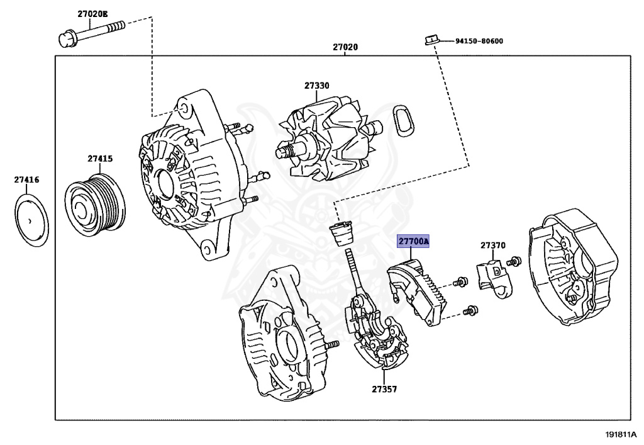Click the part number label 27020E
pyautogui.click(x=93, y=13)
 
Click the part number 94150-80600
pyautogui.click(x=479, y=42)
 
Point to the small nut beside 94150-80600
pyautogui.click(x=430, y=41)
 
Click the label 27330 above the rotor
pyautogui.click(x=317, y=85)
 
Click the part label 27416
pyautogui.click(x=27, y=180)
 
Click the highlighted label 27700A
pyautogui.click(x=413, y=241)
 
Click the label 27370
pyautogui.click(x=494, y=245)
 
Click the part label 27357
pyautogui.click(x=384, y=389)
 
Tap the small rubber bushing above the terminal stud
pyautogui.click(x=341, y=234)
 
